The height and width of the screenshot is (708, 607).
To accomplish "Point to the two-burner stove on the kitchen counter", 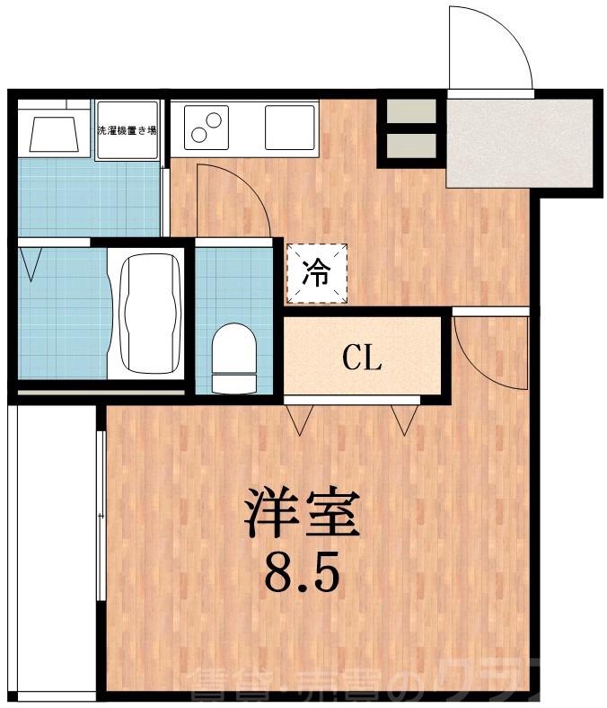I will [x=207, y=127].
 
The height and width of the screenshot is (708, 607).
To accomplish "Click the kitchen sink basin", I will [x=290, y=127].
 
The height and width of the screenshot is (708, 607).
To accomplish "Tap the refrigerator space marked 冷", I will [x=317, y=272].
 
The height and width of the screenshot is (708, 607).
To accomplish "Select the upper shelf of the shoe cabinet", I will [x=411, y=111].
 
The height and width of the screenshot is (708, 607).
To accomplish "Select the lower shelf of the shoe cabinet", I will [x=411, y=144].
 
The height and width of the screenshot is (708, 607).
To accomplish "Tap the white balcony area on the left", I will [x=51, y=548].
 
